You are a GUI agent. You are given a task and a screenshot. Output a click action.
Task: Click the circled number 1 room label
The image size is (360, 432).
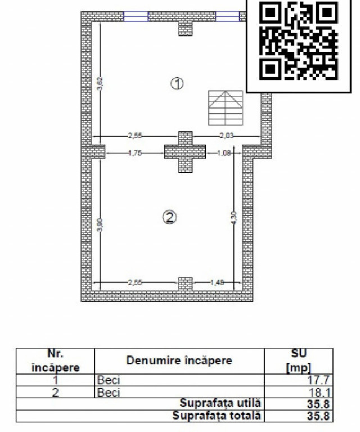(x=177, y=83)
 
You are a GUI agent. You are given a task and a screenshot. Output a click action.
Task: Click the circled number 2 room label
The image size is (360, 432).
(x=169, y=217)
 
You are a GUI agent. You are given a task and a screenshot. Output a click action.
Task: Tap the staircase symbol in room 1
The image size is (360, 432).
(x=226, y=108)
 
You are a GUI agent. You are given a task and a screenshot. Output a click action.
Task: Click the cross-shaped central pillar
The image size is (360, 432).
(x=185, y=152)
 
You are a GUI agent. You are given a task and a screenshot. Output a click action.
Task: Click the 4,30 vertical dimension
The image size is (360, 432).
(x=233, y=218)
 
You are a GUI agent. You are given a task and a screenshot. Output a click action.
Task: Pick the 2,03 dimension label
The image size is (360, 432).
(x=227, y=136)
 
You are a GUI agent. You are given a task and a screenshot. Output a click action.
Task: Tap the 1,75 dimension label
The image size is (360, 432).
(x=135, y=153)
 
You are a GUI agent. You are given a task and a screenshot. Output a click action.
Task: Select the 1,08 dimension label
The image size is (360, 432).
(x=224, y=153)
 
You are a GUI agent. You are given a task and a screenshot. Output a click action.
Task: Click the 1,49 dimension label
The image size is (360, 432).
(x=217, y=282)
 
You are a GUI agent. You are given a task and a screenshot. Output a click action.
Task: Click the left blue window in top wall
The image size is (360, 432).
(x=136, y=16)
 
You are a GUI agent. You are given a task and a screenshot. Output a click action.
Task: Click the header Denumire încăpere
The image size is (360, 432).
(x=179, y=361)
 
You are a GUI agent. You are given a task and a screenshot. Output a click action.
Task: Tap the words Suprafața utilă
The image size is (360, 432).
(x=220, y=403)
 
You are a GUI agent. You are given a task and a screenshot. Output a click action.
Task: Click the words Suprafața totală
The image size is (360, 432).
(x=217, y=416)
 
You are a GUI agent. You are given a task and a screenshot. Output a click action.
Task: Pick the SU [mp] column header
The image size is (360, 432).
(x=299, y=361)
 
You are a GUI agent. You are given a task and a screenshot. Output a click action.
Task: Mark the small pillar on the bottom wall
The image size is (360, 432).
(x=186, y=284)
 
